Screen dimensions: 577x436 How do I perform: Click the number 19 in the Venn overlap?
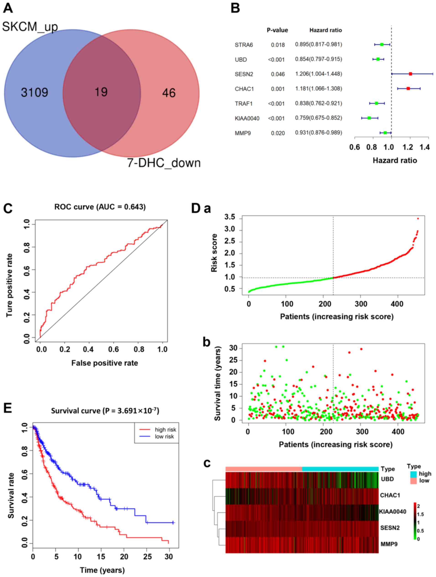point(101,92)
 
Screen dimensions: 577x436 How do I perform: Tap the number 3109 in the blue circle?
point(34,93)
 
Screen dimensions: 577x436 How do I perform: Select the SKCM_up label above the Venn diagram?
point(30,27)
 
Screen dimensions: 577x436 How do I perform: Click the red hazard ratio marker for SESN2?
point(410,74)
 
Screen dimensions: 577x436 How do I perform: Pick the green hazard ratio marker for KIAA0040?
point(369,118)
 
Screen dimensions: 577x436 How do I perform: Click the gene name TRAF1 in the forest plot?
point(243,104)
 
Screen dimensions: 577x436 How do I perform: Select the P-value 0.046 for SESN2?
point(278,74)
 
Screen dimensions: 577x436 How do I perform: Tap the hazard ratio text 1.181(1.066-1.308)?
point(318,89)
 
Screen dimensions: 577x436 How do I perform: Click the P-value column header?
point(277,30)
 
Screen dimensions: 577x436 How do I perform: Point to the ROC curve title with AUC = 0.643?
point(100,207)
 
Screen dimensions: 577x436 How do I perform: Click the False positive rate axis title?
point(105,363)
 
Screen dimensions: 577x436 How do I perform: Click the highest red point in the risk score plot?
point(418,219)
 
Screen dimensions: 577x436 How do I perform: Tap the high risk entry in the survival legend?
point(165,430)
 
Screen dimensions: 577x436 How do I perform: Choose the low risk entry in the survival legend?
point(164,436)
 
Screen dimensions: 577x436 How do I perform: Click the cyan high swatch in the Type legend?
point(413,474)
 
